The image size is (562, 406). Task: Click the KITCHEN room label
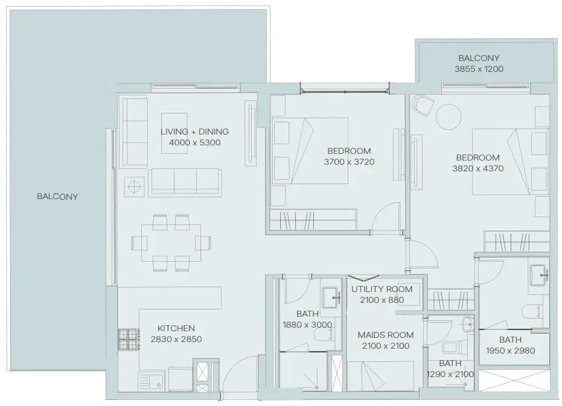click(x=176, y=328)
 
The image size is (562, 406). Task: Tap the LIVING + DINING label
click(x=194, y=132)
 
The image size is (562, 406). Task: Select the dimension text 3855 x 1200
click(x=479, y=69)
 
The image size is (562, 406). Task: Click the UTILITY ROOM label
click(x=382, y=289)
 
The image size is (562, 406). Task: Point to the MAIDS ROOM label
click(x=385, y=335)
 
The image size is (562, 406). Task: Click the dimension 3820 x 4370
click(x=477, y=169)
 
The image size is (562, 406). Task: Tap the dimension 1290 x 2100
click(x=450, y=374)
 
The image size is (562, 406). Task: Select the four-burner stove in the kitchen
click(x=127, y=340)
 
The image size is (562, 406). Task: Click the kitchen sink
click(x=151, y=381)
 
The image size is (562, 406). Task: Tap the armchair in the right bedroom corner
click(x=423, y=107)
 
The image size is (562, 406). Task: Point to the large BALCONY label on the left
click(x=57, y=197)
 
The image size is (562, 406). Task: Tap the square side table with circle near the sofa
click(x=134, y=186)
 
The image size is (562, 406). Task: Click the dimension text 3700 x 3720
click(x=349, y=162)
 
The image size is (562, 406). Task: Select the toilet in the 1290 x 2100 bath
click(x=451, y=349)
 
